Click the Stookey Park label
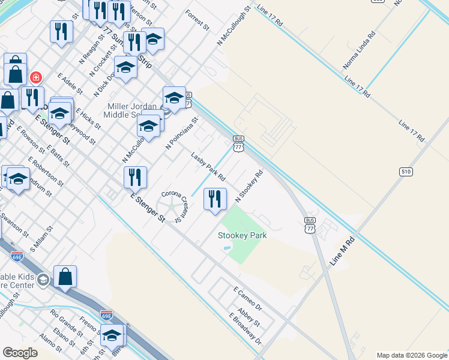[242, 235]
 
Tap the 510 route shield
[406, 172]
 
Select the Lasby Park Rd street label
[208, 167]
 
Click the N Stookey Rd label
[250, 186]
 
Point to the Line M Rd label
[342, 251]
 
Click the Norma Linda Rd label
[359, 49]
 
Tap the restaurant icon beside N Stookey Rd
[215, 199]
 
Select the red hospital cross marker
[35, 77]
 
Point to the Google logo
[20, 353]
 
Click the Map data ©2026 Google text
[412, 355]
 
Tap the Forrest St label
[197, 20]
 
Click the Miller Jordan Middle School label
[130, 110]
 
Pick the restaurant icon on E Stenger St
[135, 177]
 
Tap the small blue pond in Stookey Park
[226, 248]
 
